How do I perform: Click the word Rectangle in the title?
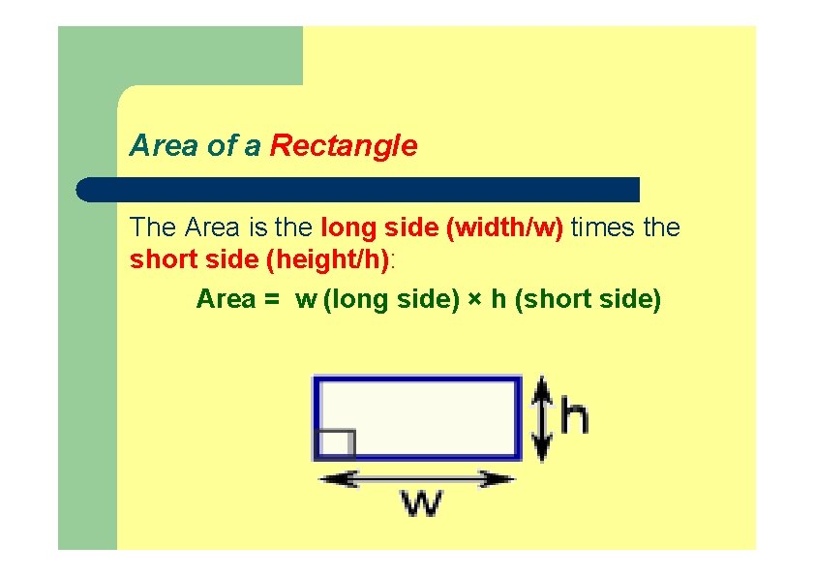[x=344, y=146]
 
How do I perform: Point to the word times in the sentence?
[x=602, y=228]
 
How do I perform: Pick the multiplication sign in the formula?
[x=475, y=300]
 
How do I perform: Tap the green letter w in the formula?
[x=306, y=300]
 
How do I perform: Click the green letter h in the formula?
[x=498, y=299]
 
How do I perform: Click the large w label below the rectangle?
[x=422, y=502]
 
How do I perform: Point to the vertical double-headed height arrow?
[x=542, y=417]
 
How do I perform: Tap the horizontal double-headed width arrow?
[x=416, y=477]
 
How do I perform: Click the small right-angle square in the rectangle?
[x=335, y=443]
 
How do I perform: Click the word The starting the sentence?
[x=153, y=228]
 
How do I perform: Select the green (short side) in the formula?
[x=589, y=300]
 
